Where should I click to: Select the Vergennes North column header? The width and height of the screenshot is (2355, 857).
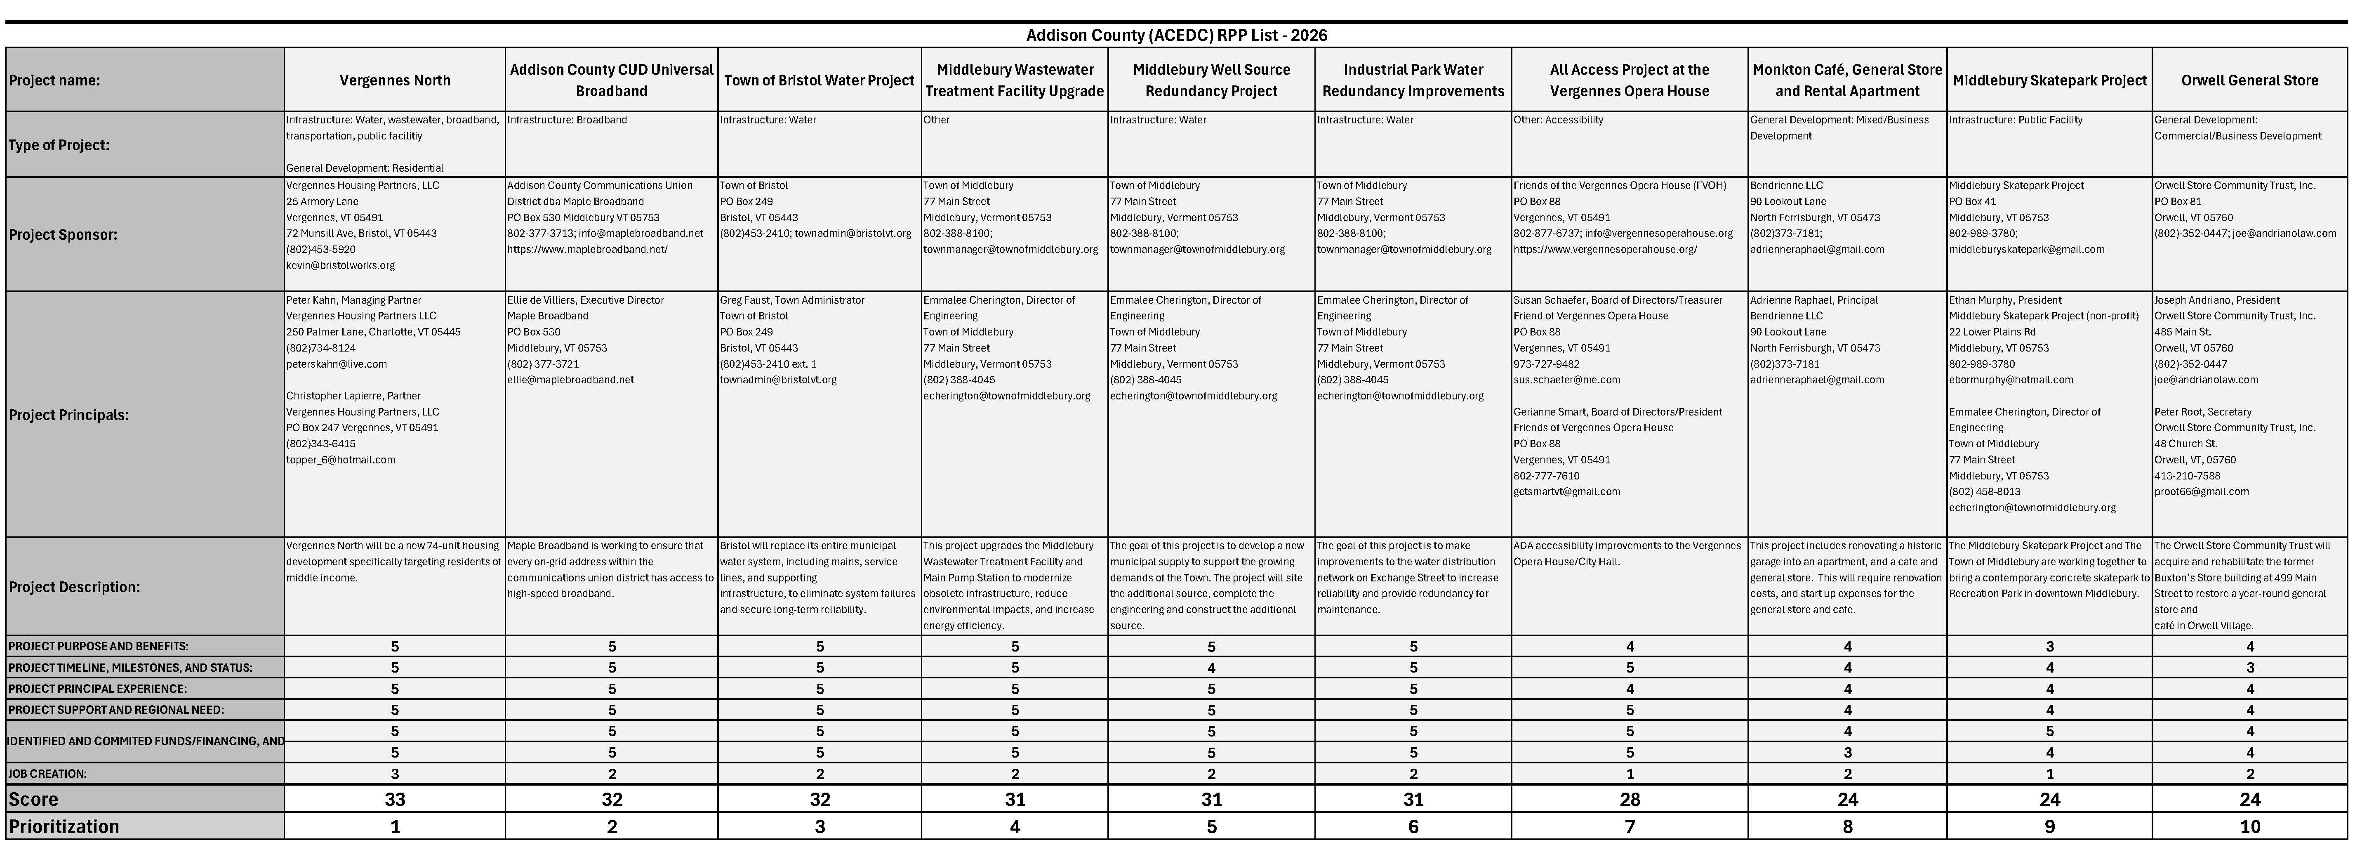click(395, 80)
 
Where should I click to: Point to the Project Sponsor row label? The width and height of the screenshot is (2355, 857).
click(63, 234)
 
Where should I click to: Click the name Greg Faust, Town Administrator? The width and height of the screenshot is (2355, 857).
click(792, 300)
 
